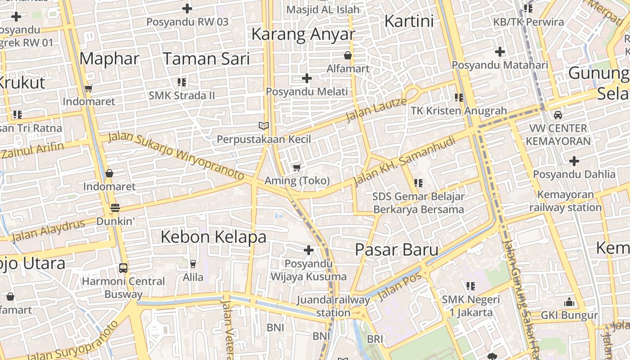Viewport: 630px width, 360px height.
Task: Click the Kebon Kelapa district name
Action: (x=213, y=237)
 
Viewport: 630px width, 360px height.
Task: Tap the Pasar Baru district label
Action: (x=396, y=250)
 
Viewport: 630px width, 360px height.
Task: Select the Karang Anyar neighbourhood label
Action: (x=303, y=34)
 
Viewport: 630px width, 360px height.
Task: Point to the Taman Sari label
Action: (x=206, y=59)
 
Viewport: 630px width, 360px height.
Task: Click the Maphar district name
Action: (x=109, y=59)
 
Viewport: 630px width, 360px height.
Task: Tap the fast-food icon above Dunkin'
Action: (x=115, y=208)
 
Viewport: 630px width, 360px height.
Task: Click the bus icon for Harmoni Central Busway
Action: (x=123, y=268)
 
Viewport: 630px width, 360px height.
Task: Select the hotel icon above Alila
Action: (x=193, y=264)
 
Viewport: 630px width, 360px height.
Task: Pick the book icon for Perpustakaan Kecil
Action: (x=263, y=126)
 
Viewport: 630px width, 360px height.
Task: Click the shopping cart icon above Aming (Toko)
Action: (x=297, y=168)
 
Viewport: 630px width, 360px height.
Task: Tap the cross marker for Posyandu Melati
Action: (x=307, y=78)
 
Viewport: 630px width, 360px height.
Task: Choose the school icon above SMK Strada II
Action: (x=182, y=82)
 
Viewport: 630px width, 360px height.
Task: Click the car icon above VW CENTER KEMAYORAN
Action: (x=558, y=115)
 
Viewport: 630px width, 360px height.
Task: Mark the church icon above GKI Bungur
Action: (x=569, y=302)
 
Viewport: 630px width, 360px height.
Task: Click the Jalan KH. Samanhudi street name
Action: (x=404, y=162)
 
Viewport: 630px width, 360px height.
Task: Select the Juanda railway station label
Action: (x=333, y=306)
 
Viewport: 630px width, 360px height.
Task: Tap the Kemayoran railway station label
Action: (x=565, y=201)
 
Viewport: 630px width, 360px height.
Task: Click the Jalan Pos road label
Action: (x=400, y=287)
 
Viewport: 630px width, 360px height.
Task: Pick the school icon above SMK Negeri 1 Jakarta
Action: (x=471, y=286)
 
